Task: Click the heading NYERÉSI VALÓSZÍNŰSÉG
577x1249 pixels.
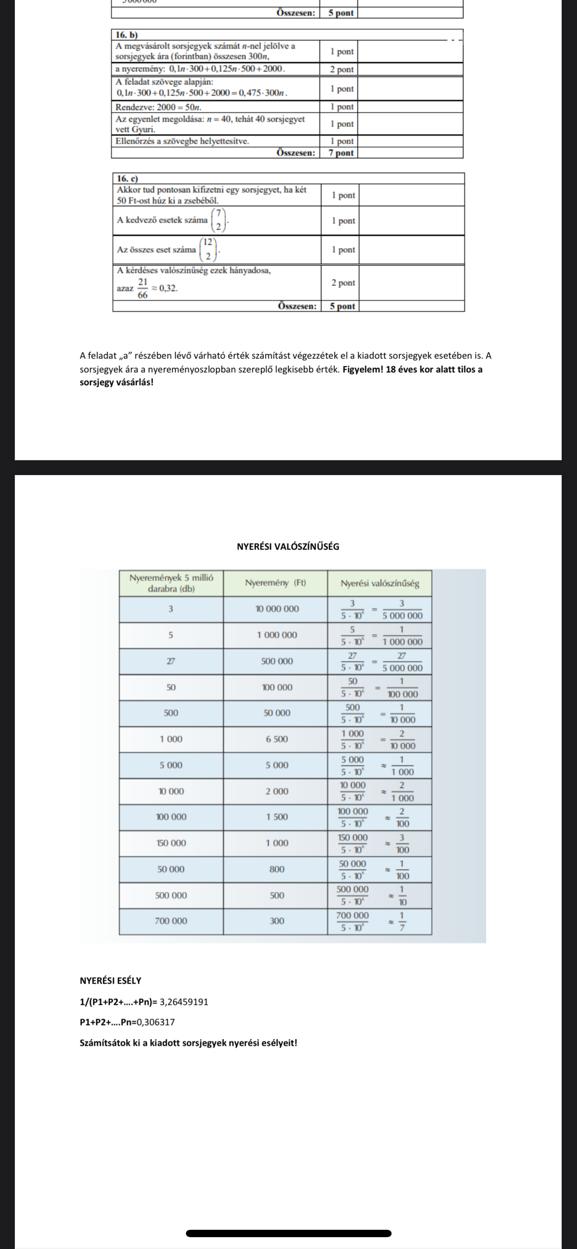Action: [x=288, y=547]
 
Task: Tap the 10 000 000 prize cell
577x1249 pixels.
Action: [x=277, y=609]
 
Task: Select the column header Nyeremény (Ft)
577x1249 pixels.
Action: [x=275, y=583]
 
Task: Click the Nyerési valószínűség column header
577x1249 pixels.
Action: [x=380, y=584]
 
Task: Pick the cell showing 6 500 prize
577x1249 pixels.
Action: [x=277, y=739]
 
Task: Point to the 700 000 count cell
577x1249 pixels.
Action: [x=171, y=921]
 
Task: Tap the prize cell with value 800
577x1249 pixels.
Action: [x=277, y=869]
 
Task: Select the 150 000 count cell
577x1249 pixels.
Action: [x=171, y=843]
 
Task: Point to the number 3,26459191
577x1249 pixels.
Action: [x=184, y=1002]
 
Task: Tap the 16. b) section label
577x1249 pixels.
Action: [x=127, y=35]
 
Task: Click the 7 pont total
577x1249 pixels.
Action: [x=341, y=153]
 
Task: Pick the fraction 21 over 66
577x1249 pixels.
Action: [x=143, y=288]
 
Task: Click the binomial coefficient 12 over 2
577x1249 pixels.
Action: [x=209, y=250]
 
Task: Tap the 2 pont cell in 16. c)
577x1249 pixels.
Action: [x=343, y=283]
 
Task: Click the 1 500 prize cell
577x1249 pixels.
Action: [x=277, y=817]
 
